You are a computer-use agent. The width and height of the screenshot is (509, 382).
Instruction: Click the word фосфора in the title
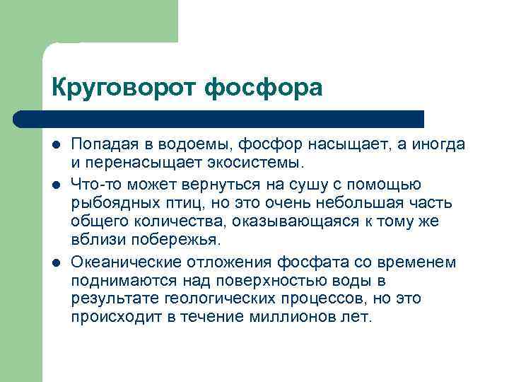tap(262, 88)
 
